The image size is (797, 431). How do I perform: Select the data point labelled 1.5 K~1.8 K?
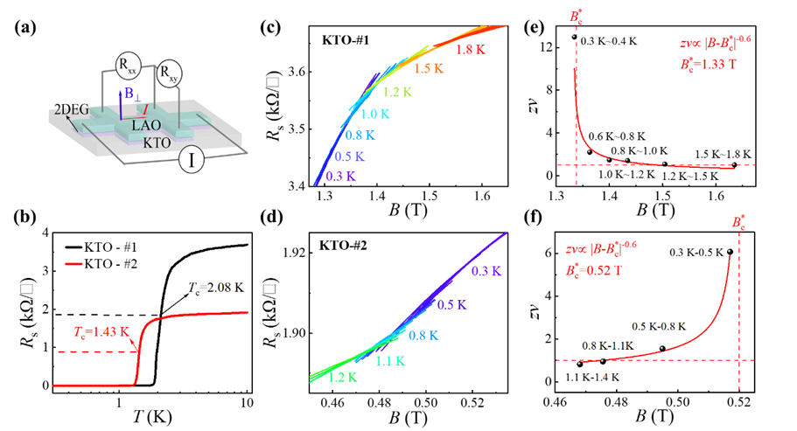pos(734,164)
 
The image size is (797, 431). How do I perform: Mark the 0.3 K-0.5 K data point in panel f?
pos(730,252)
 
